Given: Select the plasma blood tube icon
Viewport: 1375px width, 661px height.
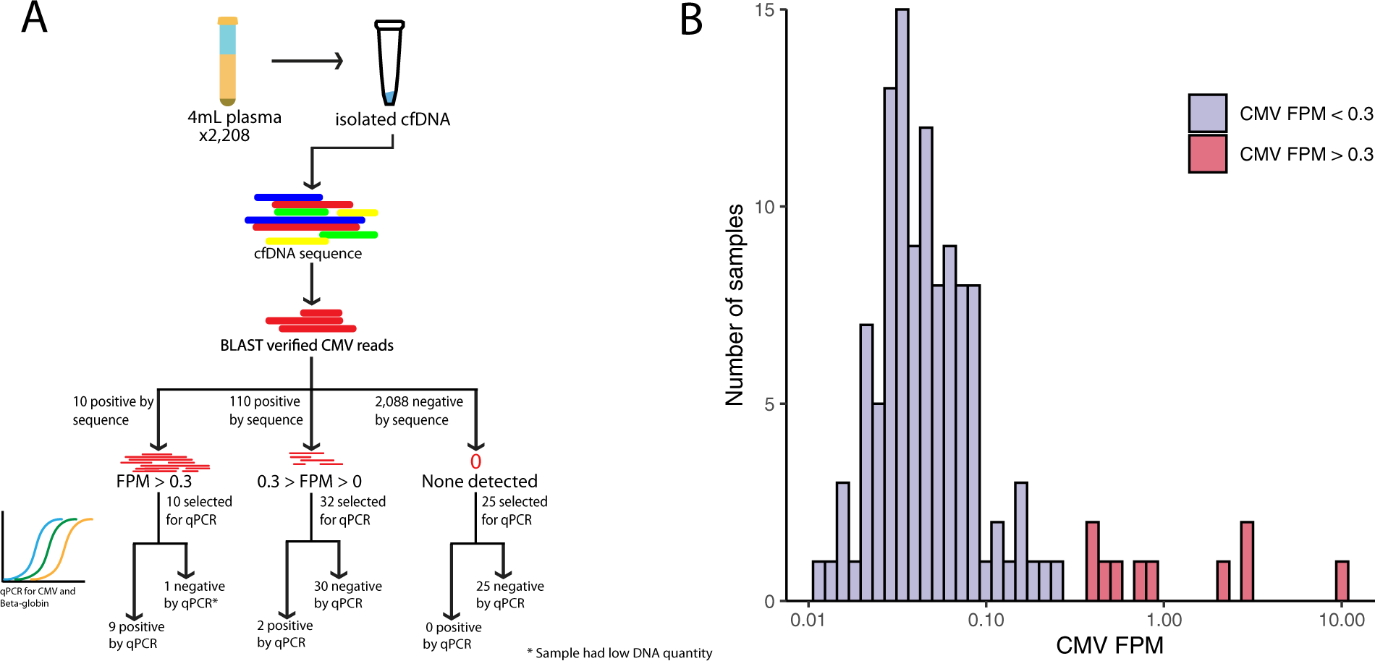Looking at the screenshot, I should click(227, 61).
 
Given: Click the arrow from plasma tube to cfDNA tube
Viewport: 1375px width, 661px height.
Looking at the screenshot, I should click(307, 61).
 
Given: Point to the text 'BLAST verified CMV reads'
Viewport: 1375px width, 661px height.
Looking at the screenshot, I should click(307, 346).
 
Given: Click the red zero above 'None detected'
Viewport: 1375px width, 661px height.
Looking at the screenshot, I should click(475, 461).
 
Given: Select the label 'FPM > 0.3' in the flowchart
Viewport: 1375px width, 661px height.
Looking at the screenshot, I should click(154, 482).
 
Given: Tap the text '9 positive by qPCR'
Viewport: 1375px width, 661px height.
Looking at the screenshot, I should click(136, 635).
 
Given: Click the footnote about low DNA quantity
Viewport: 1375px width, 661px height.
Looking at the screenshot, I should click(619, 653).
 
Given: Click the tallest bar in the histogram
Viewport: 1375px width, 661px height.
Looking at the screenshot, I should click(902, 304).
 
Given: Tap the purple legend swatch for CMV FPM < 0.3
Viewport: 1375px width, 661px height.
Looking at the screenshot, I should click(1207, 113).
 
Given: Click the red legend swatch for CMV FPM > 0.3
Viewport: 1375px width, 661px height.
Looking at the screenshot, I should click(1207, 153).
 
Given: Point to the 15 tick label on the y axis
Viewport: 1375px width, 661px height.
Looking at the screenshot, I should click(764, 10).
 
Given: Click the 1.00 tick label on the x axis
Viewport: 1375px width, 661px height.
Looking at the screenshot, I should click(1164, 620).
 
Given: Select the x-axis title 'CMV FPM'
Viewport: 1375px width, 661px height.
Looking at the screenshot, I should click(1109, 645).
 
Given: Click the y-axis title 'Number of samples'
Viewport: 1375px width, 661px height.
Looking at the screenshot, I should click(735, 304).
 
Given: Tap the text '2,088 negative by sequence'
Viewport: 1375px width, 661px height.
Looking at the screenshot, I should click(418, 411).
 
